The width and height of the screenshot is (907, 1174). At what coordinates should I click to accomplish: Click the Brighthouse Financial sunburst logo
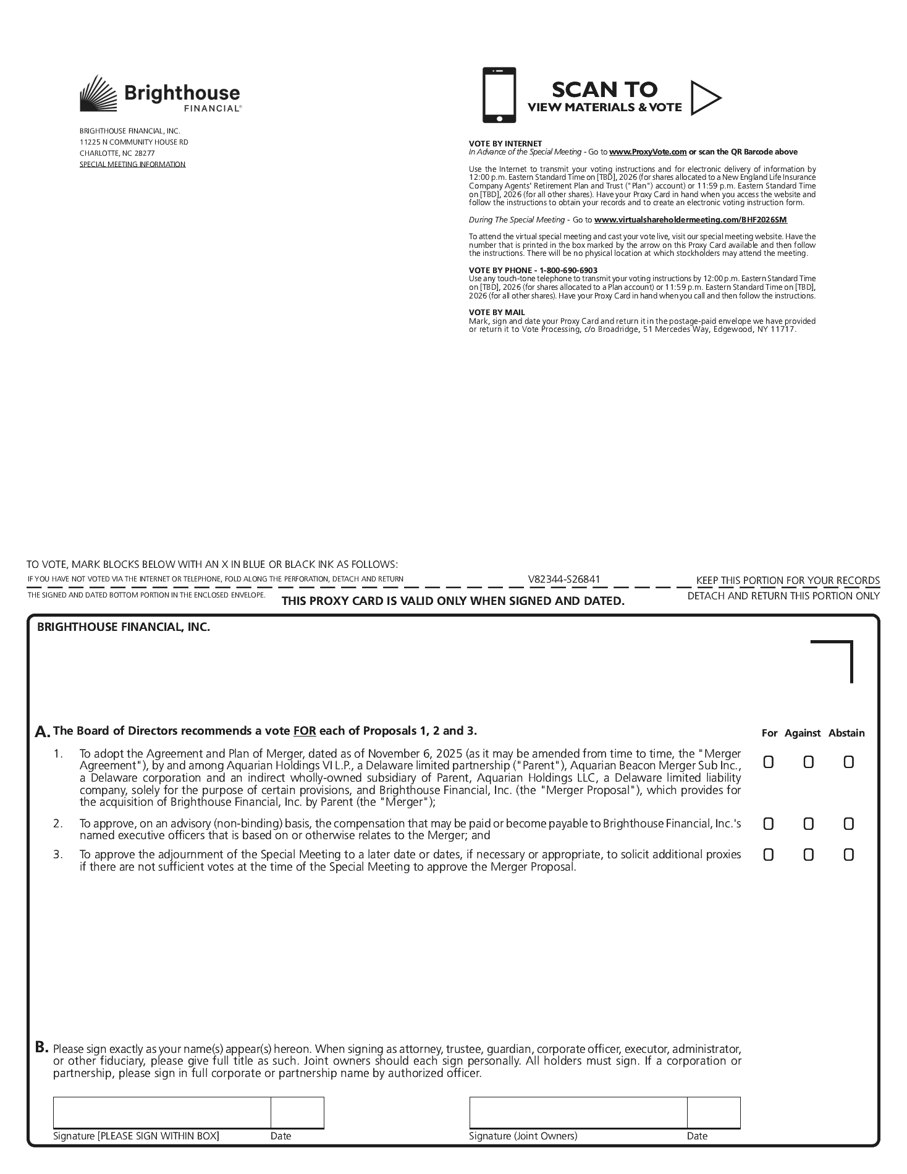pyautogui.click(x=98, y=93)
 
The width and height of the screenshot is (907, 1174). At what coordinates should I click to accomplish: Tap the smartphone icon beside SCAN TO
pyautogui.click(x=499, y=95)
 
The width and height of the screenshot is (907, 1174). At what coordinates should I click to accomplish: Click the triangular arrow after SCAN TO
pyautogui.click(x=704, y=98)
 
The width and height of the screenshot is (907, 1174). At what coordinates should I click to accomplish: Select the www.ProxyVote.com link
pyautogui.click(x=648, y=152)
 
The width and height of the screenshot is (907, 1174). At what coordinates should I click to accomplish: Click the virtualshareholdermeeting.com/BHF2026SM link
pyautogui.click(x=690, y=220)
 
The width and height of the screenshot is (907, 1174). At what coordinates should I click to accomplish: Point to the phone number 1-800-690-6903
pyautogui.click(x=568, y=271)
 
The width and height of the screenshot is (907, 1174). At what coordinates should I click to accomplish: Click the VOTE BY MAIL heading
pyautogui.click(x=497, y=313)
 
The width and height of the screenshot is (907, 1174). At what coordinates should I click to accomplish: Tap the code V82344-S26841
pyautogui.click(x=563, y=580)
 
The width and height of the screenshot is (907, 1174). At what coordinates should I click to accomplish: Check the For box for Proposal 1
pyautogui.click(x=769, y=762)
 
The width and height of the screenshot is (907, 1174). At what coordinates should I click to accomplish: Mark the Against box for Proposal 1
pyautogui.click(x=808, y=762)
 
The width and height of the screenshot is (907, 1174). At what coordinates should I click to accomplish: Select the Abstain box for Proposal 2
pyautogui.click(x=848, y=824)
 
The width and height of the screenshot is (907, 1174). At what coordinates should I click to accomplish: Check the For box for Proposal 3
pyautogui.click(x=769, y=855)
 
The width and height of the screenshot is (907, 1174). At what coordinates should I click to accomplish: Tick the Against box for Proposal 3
pyautogui.click(x=808, y=855)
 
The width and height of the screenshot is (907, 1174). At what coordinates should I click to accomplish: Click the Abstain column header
pyautogui.click(x=846, y=733)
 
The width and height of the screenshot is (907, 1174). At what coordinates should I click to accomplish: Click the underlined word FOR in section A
pyautogui.click(x=305, y=731)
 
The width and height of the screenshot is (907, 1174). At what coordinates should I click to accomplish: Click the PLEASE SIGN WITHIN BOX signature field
pyautogui.click(x=162, y=1113)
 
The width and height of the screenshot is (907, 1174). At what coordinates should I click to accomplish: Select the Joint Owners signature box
pyautogui.click(x=578, y=1113)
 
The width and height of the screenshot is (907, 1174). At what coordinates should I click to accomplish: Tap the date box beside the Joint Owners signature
pyautogui.click(x=714, y=1113)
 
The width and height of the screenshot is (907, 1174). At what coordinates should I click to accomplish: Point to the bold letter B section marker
pyautogui.click(x=41, y=1047)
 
